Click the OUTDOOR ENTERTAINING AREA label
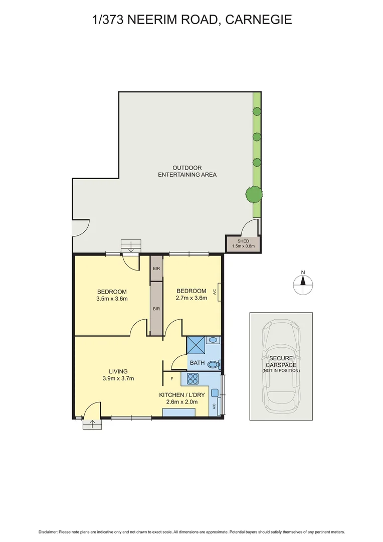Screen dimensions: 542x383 point(187,171)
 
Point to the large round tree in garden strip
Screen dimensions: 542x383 point(254,193)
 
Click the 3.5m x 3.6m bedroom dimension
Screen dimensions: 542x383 point(112,299)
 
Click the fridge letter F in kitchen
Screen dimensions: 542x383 point(172,379)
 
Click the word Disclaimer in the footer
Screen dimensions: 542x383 point(49,532)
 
